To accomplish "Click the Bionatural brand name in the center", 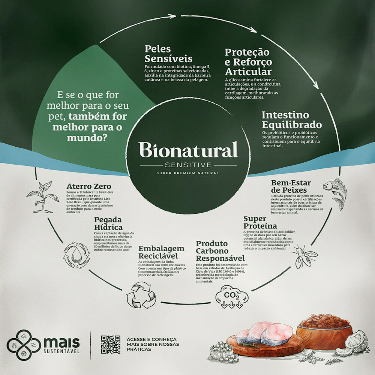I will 188,150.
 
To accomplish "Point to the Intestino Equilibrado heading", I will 291,120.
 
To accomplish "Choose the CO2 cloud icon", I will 232,296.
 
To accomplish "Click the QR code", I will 111,344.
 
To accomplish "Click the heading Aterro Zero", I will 88,186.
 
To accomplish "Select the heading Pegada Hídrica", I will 108,223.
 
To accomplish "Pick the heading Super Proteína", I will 260,222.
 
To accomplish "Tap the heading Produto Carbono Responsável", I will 220,251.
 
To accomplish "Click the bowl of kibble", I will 324,330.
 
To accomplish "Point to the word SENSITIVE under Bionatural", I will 188,165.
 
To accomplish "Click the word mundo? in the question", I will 85,138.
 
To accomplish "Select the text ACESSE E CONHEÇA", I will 151,339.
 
